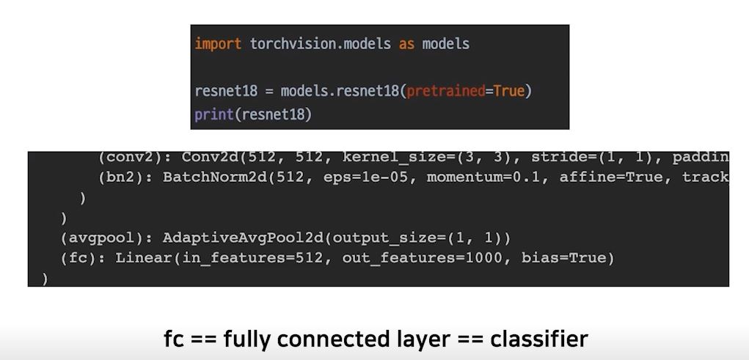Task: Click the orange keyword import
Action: click(x=218, y=44)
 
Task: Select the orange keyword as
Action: click(x=406, y=44)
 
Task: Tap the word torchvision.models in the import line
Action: click(x=320, y=44)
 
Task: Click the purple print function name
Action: click(x=214, y=115)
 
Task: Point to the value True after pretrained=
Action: click(x=509, y=92)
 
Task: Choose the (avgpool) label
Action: click(x=107, y=238)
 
